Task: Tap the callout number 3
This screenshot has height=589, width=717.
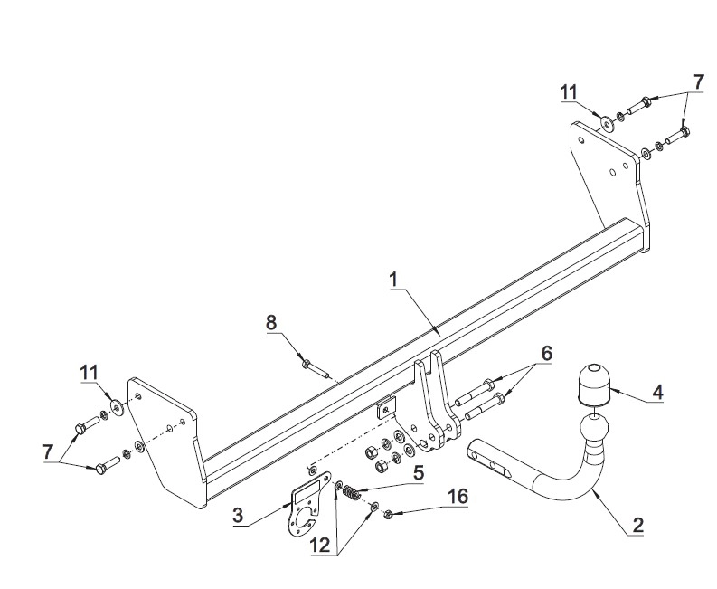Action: click(238, 516)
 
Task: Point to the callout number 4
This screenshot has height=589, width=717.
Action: click(657, 393)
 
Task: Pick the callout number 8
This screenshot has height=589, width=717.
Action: click(270, 321)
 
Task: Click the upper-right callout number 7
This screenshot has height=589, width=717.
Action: click(697, 81)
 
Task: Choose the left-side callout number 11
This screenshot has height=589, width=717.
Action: click(88, 371)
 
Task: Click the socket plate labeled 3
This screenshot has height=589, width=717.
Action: click(301, 510)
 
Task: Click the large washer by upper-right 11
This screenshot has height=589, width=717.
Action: click(604, 122)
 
